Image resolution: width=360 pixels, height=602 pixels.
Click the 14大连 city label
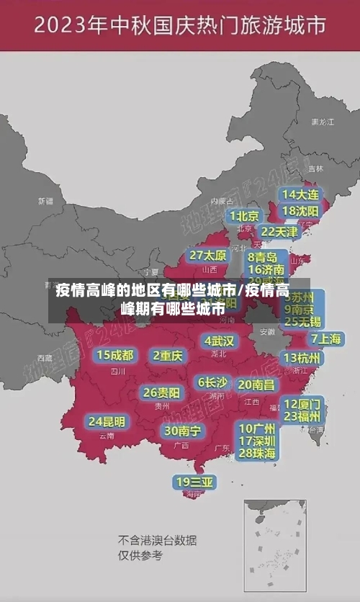pyautogui.click(x=300, y=194)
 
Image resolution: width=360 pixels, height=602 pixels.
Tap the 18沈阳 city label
pyautogui.click(x=300, y=211)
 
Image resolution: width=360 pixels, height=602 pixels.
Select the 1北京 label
pyautogui.click(x=244, y=216)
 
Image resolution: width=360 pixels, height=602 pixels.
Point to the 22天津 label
pyautogui.click(x=279, y=232)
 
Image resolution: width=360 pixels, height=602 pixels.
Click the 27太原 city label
pyautogui.click(x=208, y=256)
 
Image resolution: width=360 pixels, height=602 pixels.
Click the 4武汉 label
pyautogui.click(x=219, y=340)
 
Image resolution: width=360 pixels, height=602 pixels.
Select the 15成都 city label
pyautogui.click(x=115, y=355)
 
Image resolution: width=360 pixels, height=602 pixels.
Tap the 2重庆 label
pyautogui.click(x=168, y=355)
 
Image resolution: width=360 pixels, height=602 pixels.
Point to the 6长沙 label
pyautogui.click(x=212, y=382)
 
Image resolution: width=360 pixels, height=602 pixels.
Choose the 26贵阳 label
pyautogui.click(x=161, y=392)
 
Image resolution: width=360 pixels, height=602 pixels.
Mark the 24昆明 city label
pyautogui.click(x=107, y=421)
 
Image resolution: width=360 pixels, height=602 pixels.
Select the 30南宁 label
pyautogui.click(x=182, y=431)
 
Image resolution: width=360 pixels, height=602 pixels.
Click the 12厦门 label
pyautogui.click(x=302, y=403)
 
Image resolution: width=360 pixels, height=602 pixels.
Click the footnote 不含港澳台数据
pyautogui.click(x=157, y=540)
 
